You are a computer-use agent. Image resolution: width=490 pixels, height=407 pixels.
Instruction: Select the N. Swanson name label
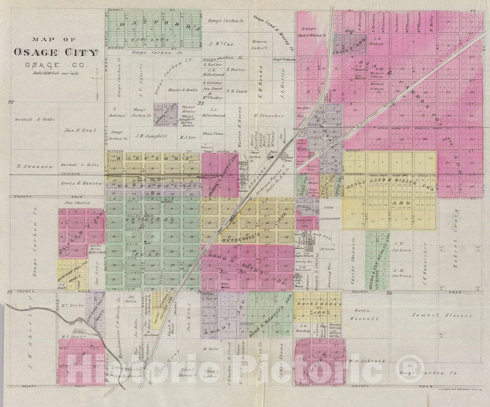coord(31,166)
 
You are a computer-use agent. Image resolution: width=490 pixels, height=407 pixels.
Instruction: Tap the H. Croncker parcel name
coord(269,116)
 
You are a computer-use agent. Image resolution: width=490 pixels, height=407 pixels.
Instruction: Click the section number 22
coord(10,102)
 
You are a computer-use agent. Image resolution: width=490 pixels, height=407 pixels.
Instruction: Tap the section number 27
coord(9,292)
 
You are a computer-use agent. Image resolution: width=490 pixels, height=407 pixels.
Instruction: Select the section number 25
coord(388,294)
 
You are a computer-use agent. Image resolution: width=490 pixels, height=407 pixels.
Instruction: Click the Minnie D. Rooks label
coord(182,90)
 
